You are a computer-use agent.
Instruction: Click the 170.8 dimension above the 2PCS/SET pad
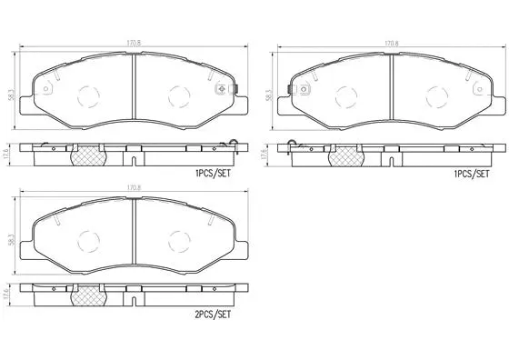134,188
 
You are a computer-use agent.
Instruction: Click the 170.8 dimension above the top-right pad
390,43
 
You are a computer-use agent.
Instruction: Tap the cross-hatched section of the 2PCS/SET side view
87,296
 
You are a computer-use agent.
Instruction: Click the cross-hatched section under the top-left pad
87,155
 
